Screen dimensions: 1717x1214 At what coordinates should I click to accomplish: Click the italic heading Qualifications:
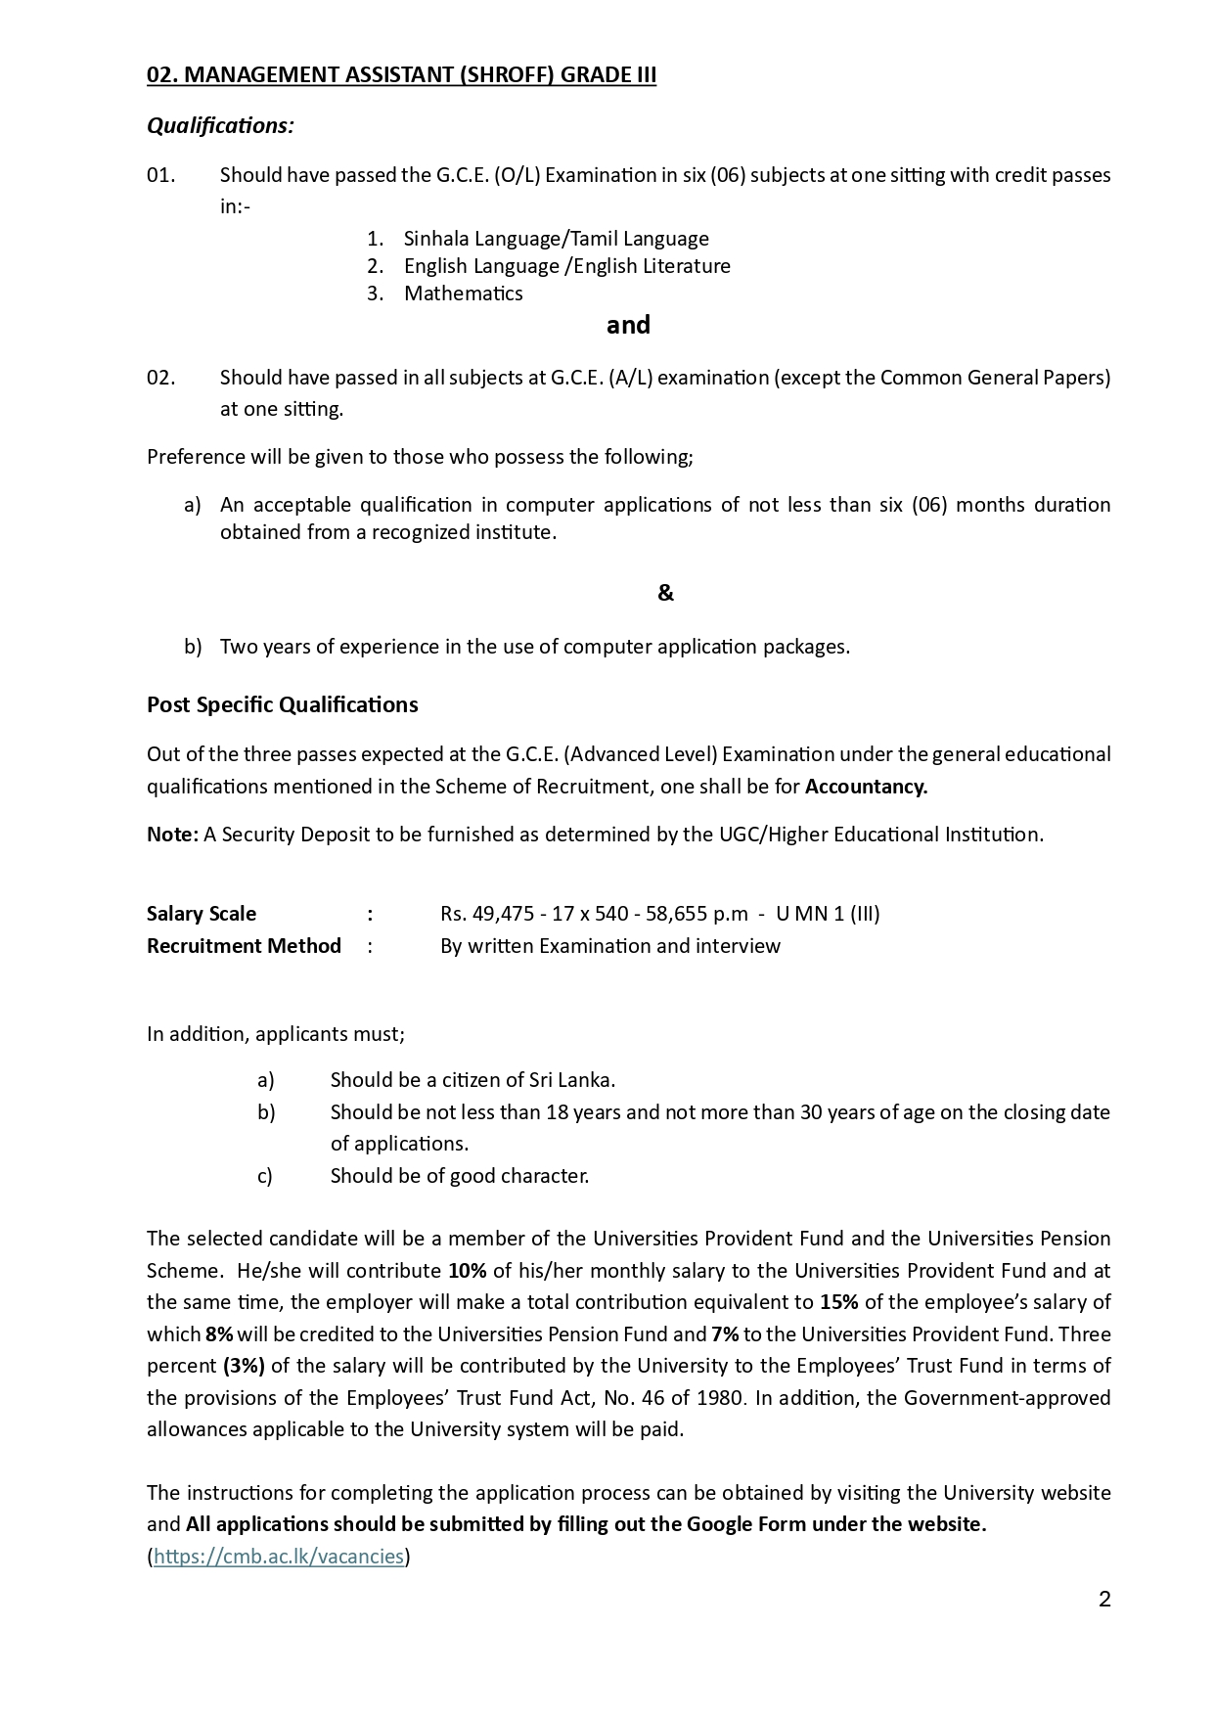[x=220, y=126]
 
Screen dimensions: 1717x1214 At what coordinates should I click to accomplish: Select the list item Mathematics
[x=463, y=294]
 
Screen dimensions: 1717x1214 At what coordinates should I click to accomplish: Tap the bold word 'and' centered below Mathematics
[x=628, y=325]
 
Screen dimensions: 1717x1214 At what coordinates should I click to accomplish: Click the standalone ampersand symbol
[x=665, y=593]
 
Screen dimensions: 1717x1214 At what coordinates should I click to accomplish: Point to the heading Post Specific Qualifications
[x=282, y=705]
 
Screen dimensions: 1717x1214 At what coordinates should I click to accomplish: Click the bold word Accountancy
[x=866, y=787]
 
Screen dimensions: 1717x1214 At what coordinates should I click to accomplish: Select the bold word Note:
[x=172, y=835]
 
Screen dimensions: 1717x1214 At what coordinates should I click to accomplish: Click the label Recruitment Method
[x=244, y=946]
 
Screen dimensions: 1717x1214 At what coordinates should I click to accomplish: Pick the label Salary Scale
[x=202, y=914]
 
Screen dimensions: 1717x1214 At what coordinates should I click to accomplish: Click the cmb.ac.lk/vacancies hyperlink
[x=279, y=1557]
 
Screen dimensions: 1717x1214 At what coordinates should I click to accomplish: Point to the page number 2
[x=1104, y=1600]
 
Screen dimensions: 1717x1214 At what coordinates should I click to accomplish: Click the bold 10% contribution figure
[x=467, y=1271]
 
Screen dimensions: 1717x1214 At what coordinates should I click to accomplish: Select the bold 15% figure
[x=838, y=1302]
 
